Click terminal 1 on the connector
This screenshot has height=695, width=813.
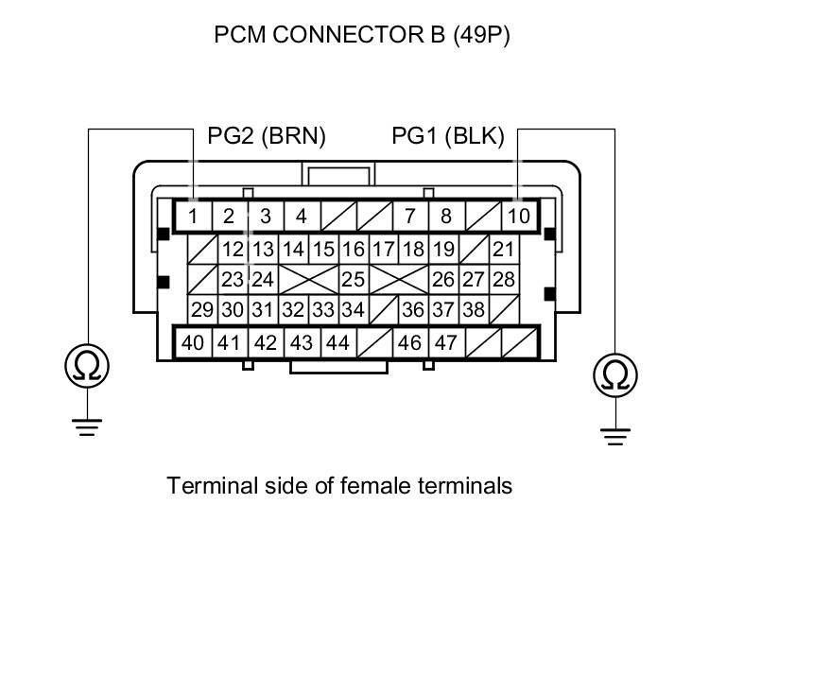click(193, 217)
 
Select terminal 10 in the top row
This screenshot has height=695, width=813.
click(519, 217)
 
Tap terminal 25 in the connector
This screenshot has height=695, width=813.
click(353, 280)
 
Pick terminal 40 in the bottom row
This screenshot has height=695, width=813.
click(193, 342)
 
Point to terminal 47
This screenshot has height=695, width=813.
click(445, 342)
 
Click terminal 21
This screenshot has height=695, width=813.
click(504, 250)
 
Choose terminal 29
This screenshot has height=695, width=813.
click(202, 310)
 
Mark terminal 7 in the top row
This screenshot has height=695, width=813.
click(409, 217)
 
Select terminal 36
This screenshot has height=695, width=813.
click(412, 310)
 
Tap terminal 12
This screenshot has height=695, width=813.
click(233, 250)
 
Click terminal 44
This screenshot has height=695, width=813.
click(337, 342)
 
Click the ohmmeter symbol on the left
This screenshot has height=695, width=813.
click(87, 366)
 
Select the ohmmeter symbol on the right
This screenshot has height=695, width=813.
click(615, 375)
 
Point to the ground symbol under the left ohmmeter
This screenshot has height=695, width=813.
click(87, 426)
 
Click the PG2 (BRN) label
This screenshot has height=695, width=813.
click(267, 136)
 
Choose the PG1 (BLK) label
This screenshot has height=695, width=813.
click(448, 136)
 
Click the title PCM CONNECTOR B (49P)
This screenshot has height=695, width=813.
click(362, 36)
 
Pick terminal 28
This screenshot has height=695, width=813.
click(504, 280)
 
